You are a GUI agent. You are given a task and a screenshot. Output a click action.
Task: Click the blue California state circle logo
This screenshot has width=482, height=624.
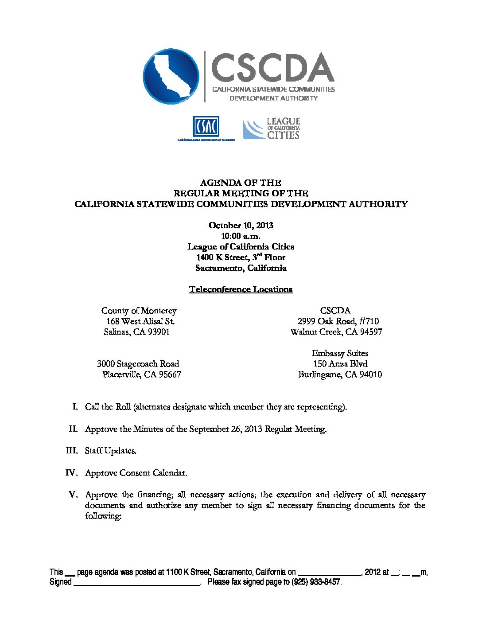pos(171,76)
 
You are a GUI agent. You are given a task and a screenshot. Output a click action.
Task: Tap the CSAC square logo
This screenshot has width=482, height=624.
pos(206,127)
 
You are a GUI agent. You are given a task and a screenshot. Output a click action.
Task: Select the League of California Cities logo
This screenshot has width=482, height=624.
pos(272,129)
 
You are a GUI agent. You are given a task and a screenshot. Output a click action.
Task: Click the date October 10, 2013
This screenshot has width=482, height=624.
pos(241,225)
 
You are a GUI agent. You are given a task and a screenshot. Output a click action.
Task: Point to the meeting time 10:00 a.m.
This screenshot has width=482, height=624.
pos(241,236)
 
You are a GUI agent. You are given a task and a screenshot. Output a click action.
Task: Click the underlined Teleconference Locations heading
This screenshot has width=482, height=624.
pos(241,289)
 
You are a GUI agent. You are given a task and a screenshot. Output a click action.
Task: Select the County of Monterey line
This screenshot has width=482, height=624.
pos(139,311)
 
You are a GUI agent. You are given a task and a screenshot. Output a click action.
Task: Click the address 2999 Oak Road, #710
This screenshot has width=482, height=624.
pos(338,321)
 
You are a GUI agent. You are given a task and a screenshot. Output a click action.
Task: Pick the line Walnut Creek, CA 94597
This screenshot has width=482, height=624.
pos(336,332)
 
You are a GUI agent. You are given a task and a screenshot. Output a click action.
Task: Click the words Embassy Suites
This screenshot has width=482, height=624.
pos(340,353)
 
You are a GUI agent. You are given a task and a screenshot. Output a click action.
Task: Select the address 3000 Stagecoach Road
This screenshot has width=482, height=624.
pos(138,364)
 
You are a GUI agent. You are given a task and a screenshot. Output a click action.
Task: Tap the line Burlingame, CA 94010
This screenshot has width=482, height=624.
pos(340,374)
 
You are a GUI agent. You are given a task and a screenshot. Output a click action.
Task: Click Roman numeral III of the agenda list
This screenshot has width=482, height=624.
pos(71,451)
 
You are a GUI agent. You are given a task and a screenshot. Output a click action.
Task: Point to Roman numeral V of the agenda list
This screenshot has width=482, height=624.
pos(74,495)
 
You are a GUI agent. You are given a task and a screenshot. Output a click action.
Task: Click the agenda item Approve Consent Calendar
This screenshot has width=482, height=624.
pos(136,473)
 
